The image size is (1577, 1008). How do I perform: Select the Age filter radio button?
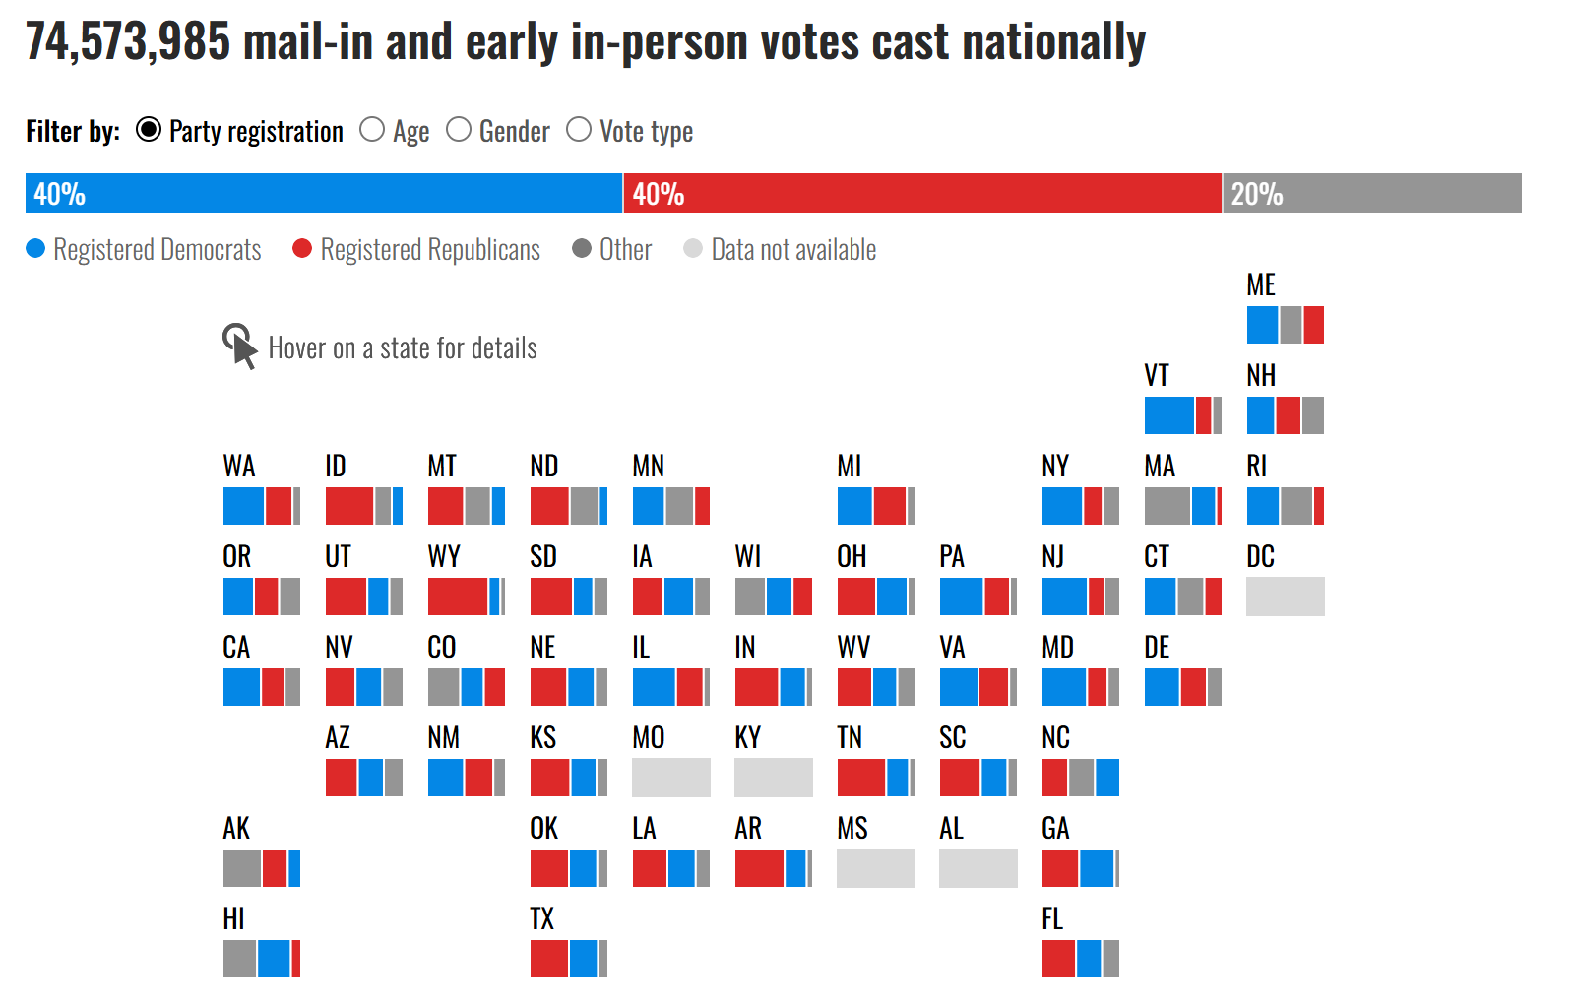coord(372,130)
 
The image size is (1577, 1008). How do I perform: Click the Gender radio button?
coord(459,130)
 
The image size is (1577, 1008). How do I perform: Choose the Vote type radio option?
coord(579,130)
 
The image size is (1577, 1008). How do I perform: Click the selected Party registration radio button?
coord(149,130)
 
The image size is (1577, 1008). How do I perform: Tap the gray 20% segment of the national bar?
coord(1372,193)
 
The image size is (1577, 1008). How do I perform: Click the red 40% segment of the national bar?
coord(922,193)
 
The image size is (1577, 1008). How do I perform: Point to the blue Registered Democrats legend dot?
coord(35,249)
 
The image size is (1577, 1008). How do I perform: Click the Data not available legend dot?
coord(693,249)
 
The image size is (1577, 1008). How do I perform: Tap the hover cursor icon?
coord(239,346)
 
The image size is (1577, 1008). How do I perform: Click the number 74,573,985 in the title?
coord(128,42)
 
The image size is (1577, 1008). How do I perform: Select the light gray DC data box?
coord(1285,597)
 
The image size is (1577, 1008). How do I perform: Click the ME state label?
coord(1261,285)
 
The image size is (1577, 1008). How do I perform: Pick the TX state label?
coord(542,919)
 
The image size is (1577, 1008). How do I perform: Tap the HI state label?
coord(233,919)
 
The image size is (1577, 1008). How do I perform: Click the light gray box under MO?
coord(670,778)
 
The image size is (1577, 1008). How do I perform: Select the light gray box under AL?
coord(978,868)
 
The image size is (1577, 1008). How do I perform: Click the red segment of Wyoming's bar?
coord(458,597)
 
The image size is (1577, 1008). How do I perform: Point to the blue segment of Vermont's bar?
coord(1169,415)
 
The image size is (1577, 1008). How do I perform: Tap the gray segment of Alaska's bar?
coord(242,868)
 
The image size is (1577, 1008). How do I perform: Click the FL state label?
coord(1052,919)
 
